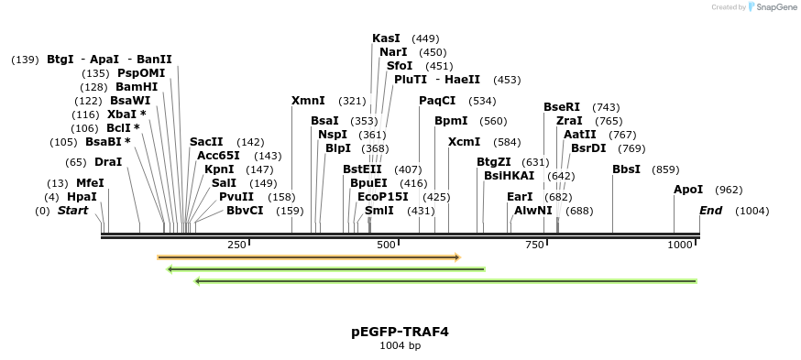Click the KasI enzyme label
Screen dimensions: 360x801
(x=386, y=38)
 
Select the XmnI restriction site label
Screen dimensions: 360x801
(x=308, y=101)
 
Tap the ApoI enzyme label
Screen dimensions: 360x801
(x=688, y=190)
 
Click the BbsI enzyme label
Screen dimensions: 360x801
(x=627, y=169)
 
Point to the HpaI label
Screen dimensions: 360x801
(x=82, y=197)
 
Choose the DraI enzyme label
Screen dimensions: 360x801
(x=108, y=162)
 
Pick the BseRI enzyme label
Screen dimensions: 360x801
(x=562, y=107)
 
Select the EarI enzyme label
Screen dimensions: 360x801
(x=520, y=197)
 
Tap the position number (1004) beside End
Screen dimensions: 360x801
(x=752, y=211)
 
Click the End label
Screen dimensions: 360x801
(x=710, y=211)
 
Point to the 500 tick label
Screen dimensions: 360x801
(x=385, y=245)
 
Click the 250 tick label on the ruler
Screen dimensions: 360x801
(x=236, y=245)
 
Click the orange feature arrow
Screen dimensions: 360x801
(x=308, y=257)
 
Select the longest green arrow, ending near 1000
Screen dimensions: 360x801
(x=446, y=280)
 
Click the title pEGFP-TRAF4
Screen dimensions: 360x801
(x=400, y=332)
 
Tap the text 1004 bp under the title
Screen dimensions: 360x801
(x=400, y=346)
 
